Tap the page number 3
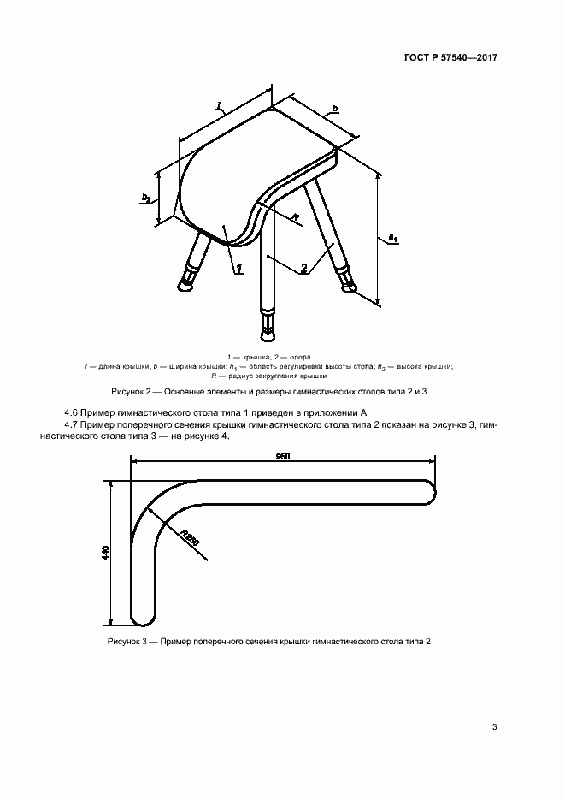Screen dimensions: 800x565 click(x=495, y=728)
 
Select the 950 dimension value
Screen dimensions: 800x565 click(x=283, y=457)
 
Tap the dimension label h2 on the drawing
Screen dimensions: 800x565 click(x=146, y=199)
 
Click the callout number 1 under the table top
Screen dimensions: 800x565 click(x=239, y=269)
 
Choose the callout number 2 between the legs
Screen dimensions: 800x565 click(x=303, y=269)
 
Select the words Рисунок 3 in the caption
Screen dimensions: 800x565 click(x=127, y=641)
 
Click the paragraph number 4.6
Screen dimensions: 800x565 click(x=73, y=413)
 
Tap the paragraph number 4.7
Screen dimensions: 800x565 click(x=73, y=424)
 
